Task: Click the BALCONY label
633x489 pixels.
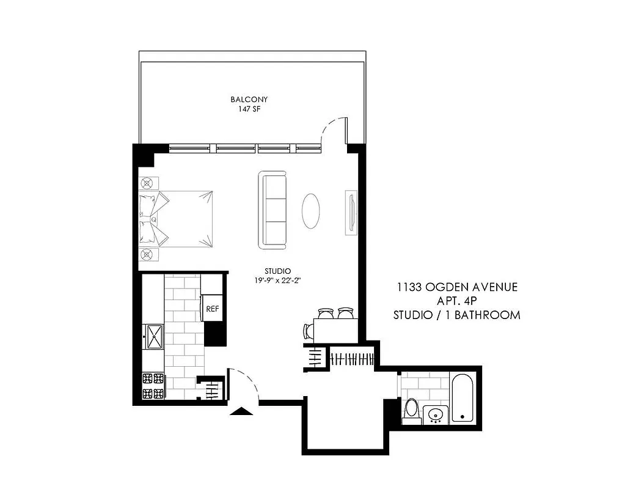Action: [x=249, y=99]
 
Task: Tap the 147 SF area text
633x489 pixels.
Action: [x=249, y=109]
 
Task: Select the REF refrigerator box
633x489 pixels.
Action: [x=212, y=309]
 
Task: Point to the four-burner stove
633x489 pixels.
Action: [x=153, y=385]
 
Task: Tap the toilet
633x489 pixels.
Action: [x=412, y=410]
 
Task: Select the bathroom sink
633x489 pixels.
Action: [x=436, y=415]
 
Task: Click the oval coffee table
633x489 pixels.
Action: [x=311, y=211]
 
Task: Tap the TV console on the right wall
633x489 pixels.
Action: [x=351, y=213]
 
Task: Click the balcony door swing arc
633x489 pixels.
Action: [x=334, y=130]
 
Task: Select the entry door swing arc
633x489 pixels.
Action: [x=244, y=383]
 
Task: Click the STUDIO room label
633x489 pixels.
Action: [x=277, y=271]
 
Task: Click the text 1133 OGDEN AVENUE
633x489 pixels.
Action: [x=457, y=287]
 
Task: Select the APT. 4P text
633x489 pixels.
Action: [x=457, y=301]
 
